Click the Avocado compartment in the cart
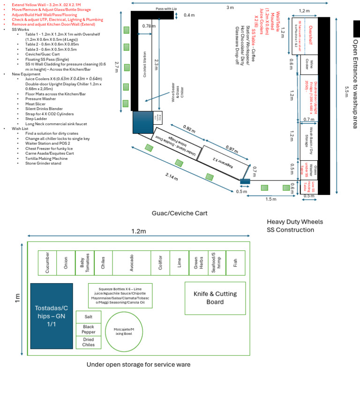pyautogui.click(x=131, y=263)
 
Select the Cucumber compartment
pyautogui.click(x=47, y=263)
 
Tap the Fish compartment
pyautogui.click(x=235, y=263)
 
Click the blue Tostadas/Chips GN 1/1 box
pyautogui.click(x=52, y=316)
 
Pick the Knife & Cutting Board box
pyautogui.click(x=215, y=298)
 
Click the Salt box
pyautogui.click(x=88, y=317)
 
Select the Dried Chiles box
pyautogui.click(x=88, y=342)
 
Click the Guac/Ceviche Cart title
pyautogui.click(x=180, y=213)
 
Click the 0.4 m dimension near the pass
pyautogui.click(x=189, y=15)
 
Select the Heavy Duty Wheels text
pyautogui.click(x=295, y=222)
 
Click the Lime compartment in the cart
pyautogui.click(x=179, y=263)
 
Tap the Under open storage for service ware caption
pyautogui.click(x=138, y=364)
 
